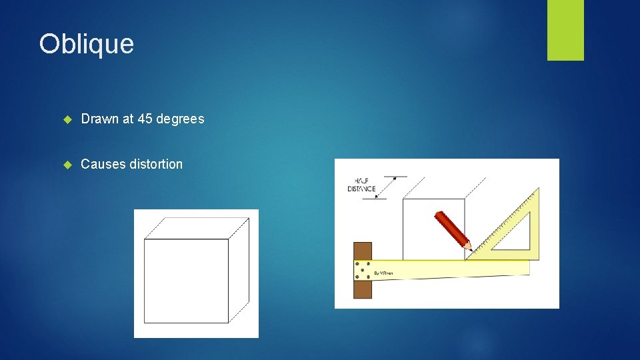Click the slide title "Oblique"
click(x=87, y=44)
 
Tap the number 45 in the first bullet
click(x=145, y=119)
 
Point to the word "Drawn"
click(x=99, y=119)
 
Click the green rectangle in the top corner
click(x=565, y=30)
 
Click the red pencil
click(x=451, y=230)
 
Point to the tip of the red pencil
click(x=469, y=251)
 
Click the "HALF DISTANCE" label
click(x=361, y=185)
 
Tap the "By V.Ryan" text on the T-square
click(x=383, y=273)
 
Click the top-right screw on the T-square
click(x=369, y=264)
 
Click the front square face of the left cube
click(x=186, y=281)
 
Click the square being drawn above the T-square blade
click(x=433, y=227)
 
